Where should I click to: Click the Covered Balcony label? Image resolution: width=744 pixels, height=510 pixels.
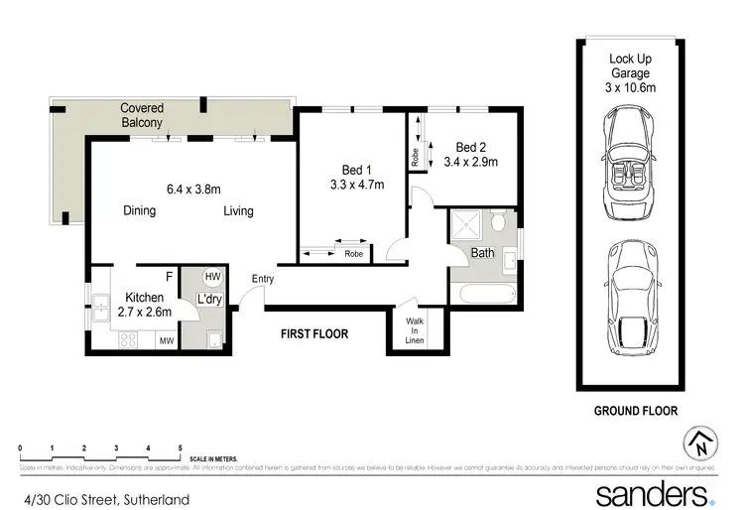(x=142, y=115)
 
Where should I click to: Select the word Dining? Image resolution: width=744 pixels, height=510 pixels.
(x=140, y=211)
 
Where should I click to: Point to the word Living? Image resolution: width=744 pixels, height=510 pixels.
(x=238, y=211)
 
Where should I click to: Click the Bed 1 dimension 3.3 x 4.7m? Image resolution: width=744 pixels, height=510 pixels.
(x=356, y=185)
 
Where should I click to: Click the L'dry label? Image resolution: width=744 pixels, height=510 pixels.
(x=209, y=299)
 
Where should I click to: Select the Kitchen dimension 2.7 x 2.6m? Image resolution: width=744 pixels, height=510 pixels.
(x=145, y=312)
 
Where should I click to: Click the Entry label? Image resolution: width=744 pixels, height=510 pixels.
(x=263, y=279)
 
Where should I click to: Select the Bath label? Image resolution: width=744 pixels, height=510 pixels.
(x=482, y=253)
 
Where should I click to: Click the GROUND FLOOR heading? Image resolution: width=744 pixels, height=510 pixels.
(x=636, y=410)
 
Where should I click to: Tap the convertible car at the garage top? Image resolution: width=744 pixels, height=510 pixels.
(x=627, y=165)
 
